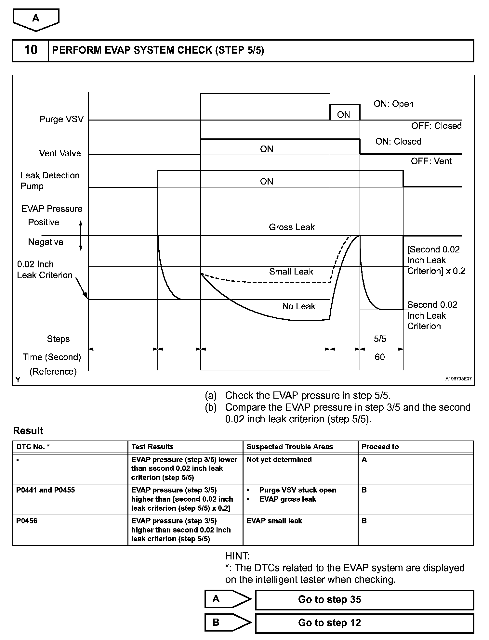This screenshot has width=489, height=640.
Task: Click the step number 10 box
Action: (x=31, y=50)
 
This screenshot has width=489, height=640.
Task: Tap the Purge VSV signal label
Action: (x=61, y=119)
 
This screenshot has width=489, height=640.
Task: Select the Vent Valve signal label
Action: (x=60, y=153)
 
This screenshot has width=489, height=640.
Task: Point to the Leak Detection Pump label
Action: (x=50, y=181)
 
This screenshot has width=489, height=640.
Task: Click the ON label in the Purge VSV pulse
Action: (x=344, y=115)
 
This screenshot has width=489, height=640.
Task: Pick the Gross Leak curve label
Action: (x=292, y=227)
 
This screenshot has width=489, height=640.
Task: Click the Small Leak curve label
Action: (x=291, y=272)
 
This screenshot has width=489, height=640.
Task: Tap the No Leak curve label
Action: (x=299, y=306)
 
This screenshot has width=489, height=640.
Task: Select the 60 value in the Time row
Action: (x=380, y=357)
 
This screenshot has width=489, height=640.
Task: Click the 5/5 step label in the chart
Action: (x=380, y=339)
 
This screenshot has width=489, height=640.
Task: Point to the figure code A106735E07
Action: (x=458, y=379)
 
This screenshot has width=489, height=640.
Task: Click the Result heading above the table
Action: (x=28, y=431)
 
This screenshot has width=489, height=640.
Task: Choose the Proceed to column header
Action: (x=380, y=447)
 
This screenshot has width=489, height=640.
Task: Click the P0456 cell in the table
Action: (x=27, y=521)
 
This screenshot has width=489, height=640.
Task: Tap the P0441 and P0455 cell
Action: (x=46, y=490)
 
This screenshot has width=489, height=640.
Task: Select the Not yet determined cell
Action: (x=279, y=460)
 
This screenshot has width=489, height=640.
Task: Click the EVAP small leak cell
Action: (x=274, y=521)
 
